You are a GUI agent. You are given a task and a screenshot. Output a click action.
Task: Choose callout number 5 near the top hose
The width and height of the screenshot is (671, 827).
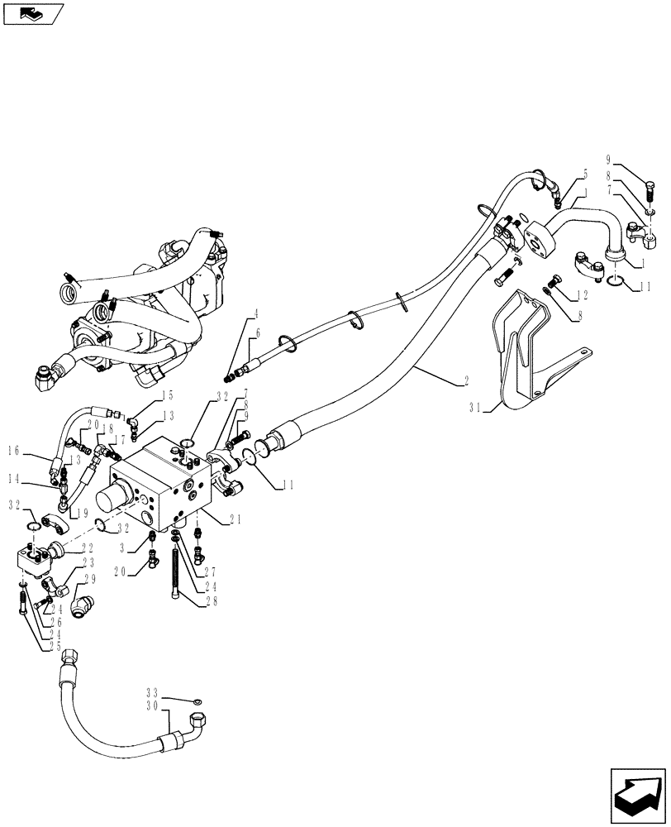tap(586, 174)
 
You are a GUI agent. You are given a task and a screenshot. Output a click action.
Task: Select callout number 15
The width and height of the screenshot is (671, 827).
tap(168, 395)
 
